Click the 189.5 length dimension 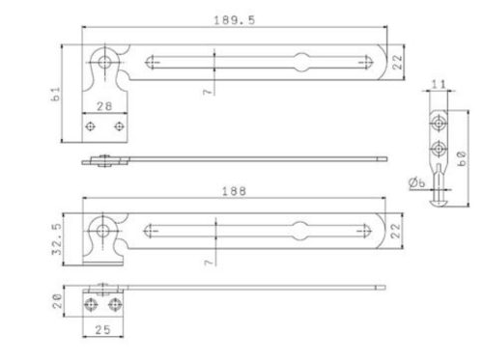234,20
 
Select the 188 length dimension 234,191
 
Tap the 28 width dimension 104,106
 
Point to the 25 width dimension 103,330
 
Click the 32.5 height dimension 57,238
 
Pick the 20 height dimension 58,301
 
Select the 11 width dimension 439,84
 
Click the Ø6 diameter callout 417,182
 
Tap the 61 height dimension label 56,94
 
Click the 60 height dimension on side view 462,158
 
